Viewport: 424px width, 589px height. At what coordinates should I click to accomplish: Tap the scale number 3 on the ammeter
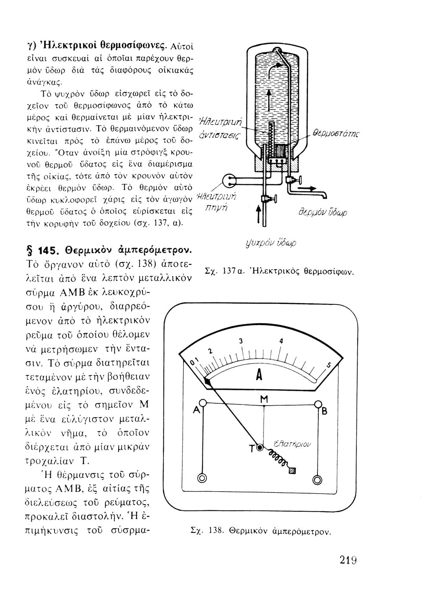coord(241,340)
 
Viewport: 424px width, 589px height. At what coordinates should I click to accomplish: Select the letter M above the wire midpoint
coord(264,399)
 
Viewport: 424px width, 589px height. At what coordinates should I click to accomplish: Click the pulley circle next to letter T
coord(260,447)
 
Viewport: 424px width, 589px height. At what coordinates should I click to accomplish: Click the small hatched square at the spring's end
coord(292,472)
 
